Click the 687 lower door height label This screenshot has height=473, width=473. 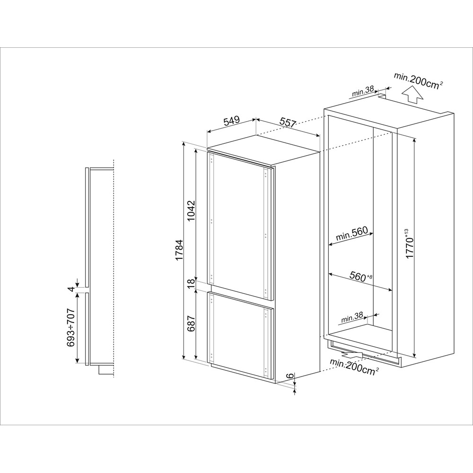pos(191,324)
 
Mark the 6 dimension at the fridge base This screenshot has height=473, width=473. pos(289,376)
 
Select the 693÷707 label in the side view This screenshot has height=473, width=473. pos(70,329)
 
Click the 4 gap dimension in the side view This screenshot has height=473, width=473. pos(70,288)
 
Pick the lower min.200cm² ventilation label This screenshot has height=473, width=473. pos(355,367)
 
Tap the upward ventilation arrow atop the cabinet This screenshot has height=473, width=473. pos(413,96)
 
